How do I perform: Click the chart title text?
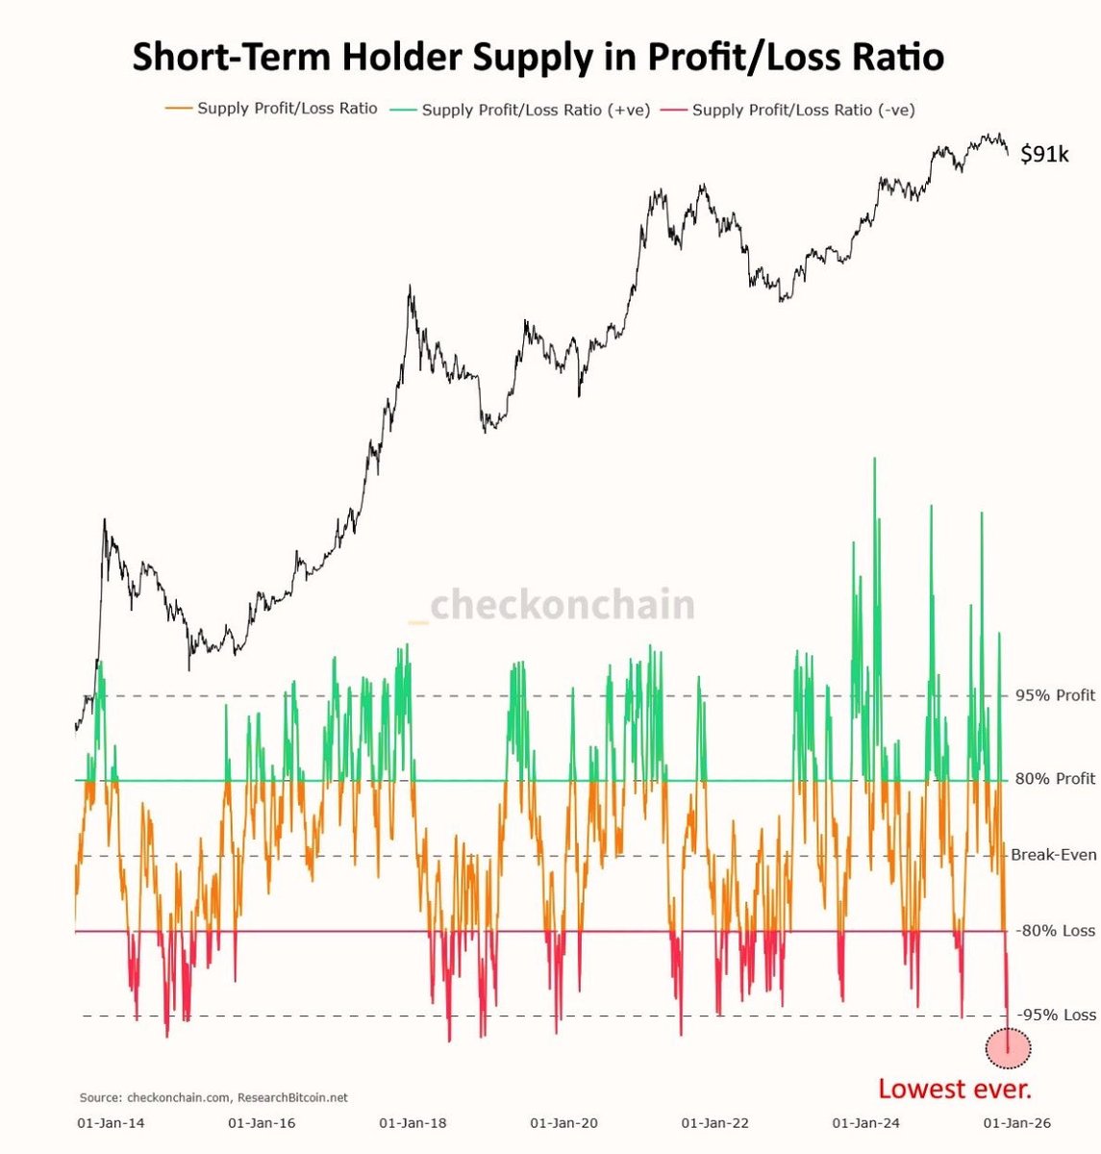(538, 57)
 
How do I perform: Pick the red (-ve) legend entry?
(802, 110)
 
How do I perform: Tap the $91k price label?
(1043, 154)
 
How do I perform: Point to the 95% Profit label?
(1055, 695)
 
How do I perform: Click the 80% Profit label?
(1055, 779)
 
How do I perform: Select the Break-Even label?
(1053, 854)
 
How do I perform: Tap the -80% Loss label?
(1055, 930)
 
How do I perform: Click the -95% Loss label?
(1055, 1015)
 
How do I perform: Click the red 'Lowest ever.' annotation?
(954, 1089)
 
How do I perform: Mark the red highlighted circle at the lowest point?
(1008, 1048)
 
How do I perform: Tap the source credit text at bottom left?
(213, 1096)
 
